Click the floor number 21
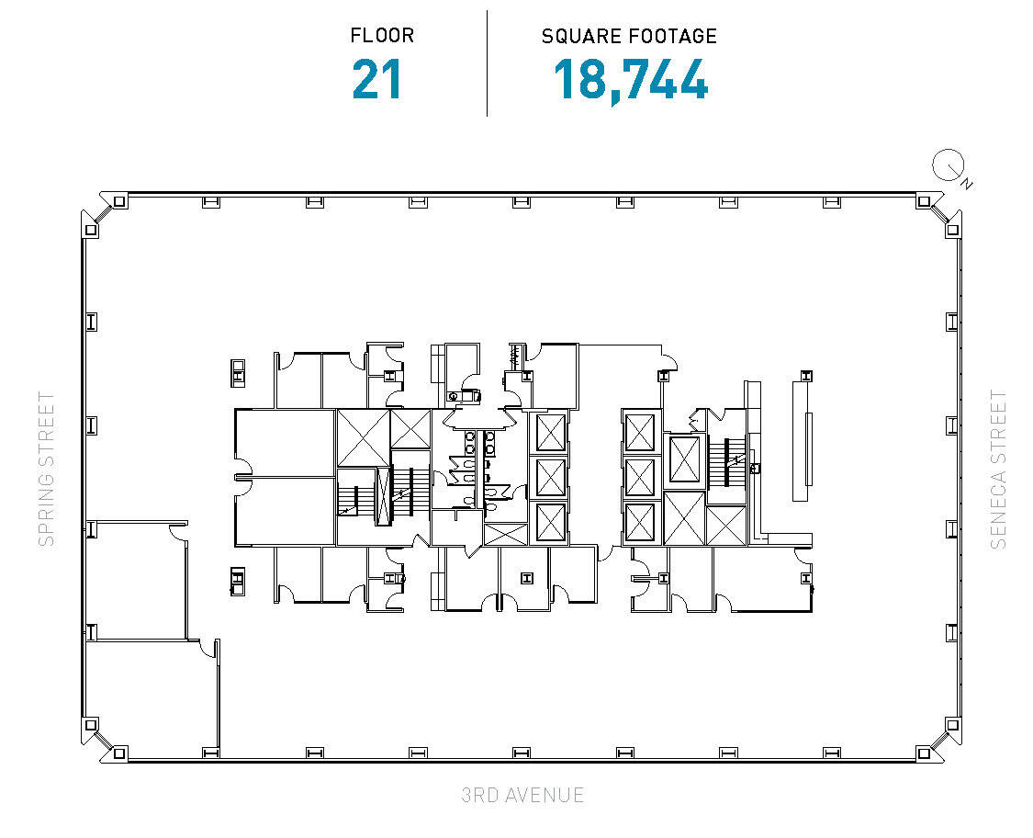[377, 80]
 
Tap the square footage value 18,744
[630, 80]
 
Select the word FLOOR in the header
[382, 37]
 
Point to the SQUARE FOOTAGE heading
[629, 37]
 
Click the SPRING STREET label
[46, 469]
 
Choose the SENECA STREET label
[998, 469]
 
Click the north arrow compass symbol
[947, 166]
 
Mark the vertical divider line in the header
[487, 62]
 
